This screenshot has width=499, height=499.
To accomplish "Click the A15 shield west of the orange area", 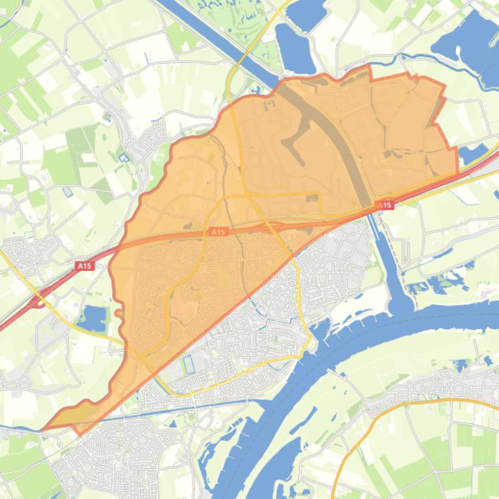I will point(84,265).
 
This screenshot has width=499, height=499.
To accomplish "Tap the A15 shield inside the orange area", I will point(219,231).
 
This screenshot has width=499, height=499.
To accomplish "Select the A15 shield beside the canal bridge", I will point(385,205).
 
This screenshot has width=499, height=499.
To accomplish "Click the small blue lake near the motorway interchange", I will point(94,318).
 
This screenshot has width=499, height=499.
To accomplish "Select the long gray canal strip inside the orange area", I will point(337,149).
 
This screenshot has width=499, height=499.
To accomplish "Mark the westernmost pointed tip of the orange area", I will point(43,429).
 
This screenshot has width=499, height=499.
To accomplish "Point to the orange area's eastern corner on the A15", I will point(457,174).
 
